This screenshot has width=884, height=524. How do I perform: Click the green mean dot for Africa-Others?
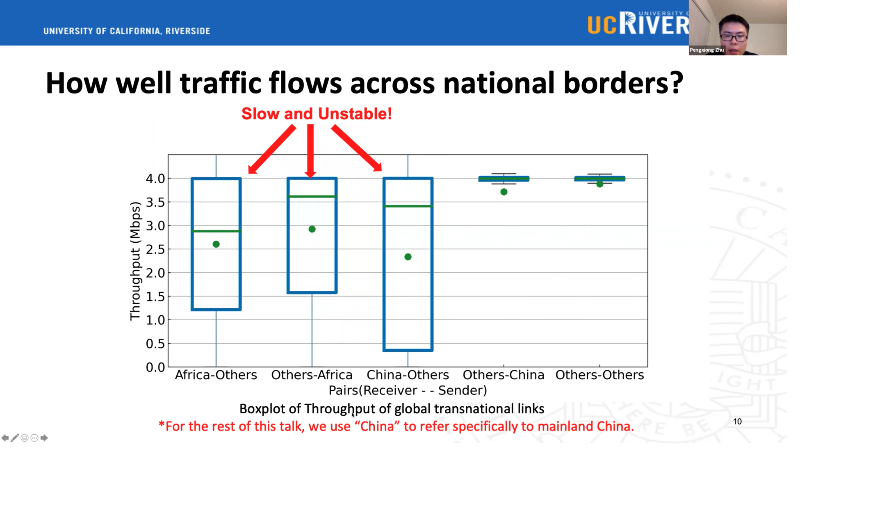click(x=216, y=244)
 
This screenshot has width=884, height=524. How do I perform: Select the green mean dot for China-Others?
click(x=408, y=257)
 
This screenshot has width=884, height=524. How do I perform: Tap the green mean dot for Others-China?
click(x=504, y=192)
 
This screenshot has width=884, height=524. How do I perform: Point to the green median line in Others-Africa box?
click(x=312, y=197)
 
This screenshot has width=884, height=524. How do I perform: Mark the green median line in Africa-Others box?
click(x=216, y=231)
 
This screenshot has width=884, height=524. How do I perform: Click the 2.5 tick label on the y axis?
click(x=155, y=249)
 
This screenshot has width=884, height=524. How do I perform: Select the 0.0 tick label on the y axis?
click(x=155, y=367)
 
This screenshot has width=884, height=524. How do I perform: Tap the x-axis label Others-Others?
click(x=599, y=375)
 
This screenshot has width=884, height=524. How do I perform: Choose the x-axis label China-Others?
click(x=408, y=375)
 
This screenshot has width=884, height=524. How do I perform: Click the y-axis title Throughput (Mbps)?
click(x=135, y=261)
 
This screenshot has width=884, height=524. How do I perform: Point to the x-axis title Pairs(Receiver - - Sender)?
click(x=408, y=390)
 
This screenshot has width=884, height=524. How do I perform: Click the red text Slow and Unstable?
click(x=317, y=114)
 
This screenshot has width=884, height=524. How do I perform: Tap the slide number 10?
click(x=737, y=421)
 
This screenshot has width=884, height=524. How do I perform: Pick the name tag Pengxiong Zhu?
click(x=706, y=50)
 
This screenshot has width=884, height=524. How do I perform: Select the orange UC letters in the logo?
click(x=602, y=25)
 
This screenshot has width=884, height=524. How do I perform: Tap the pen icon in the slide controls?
click(x=15, y=438)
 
